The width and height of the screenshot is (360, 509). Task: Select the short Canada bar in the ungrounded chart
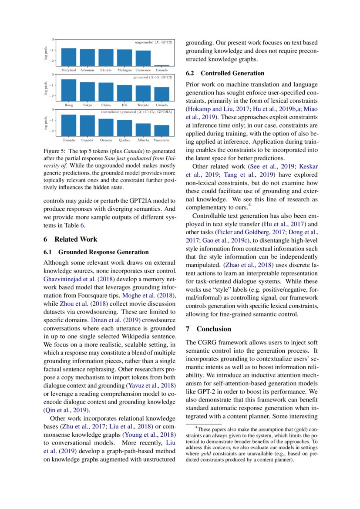click(162, 65)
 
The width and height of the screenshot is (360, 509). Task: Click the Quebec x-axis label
click(125, 141)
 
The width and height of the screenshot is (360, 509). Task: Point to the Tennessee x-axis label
click(143, 70)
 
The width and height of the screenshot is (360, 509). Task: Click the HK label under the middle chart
click(124, 105)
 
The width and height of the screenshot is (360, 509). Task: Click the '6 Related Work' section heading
click(71, 239)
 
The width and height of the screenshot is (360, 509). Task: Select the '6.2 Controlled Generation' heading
click(225, 73)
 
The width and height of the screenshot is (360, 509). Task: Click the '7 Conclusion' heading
click(209, 329)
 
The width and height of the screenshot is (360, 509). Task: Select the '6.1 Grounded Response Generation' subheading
click(96, 252)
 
